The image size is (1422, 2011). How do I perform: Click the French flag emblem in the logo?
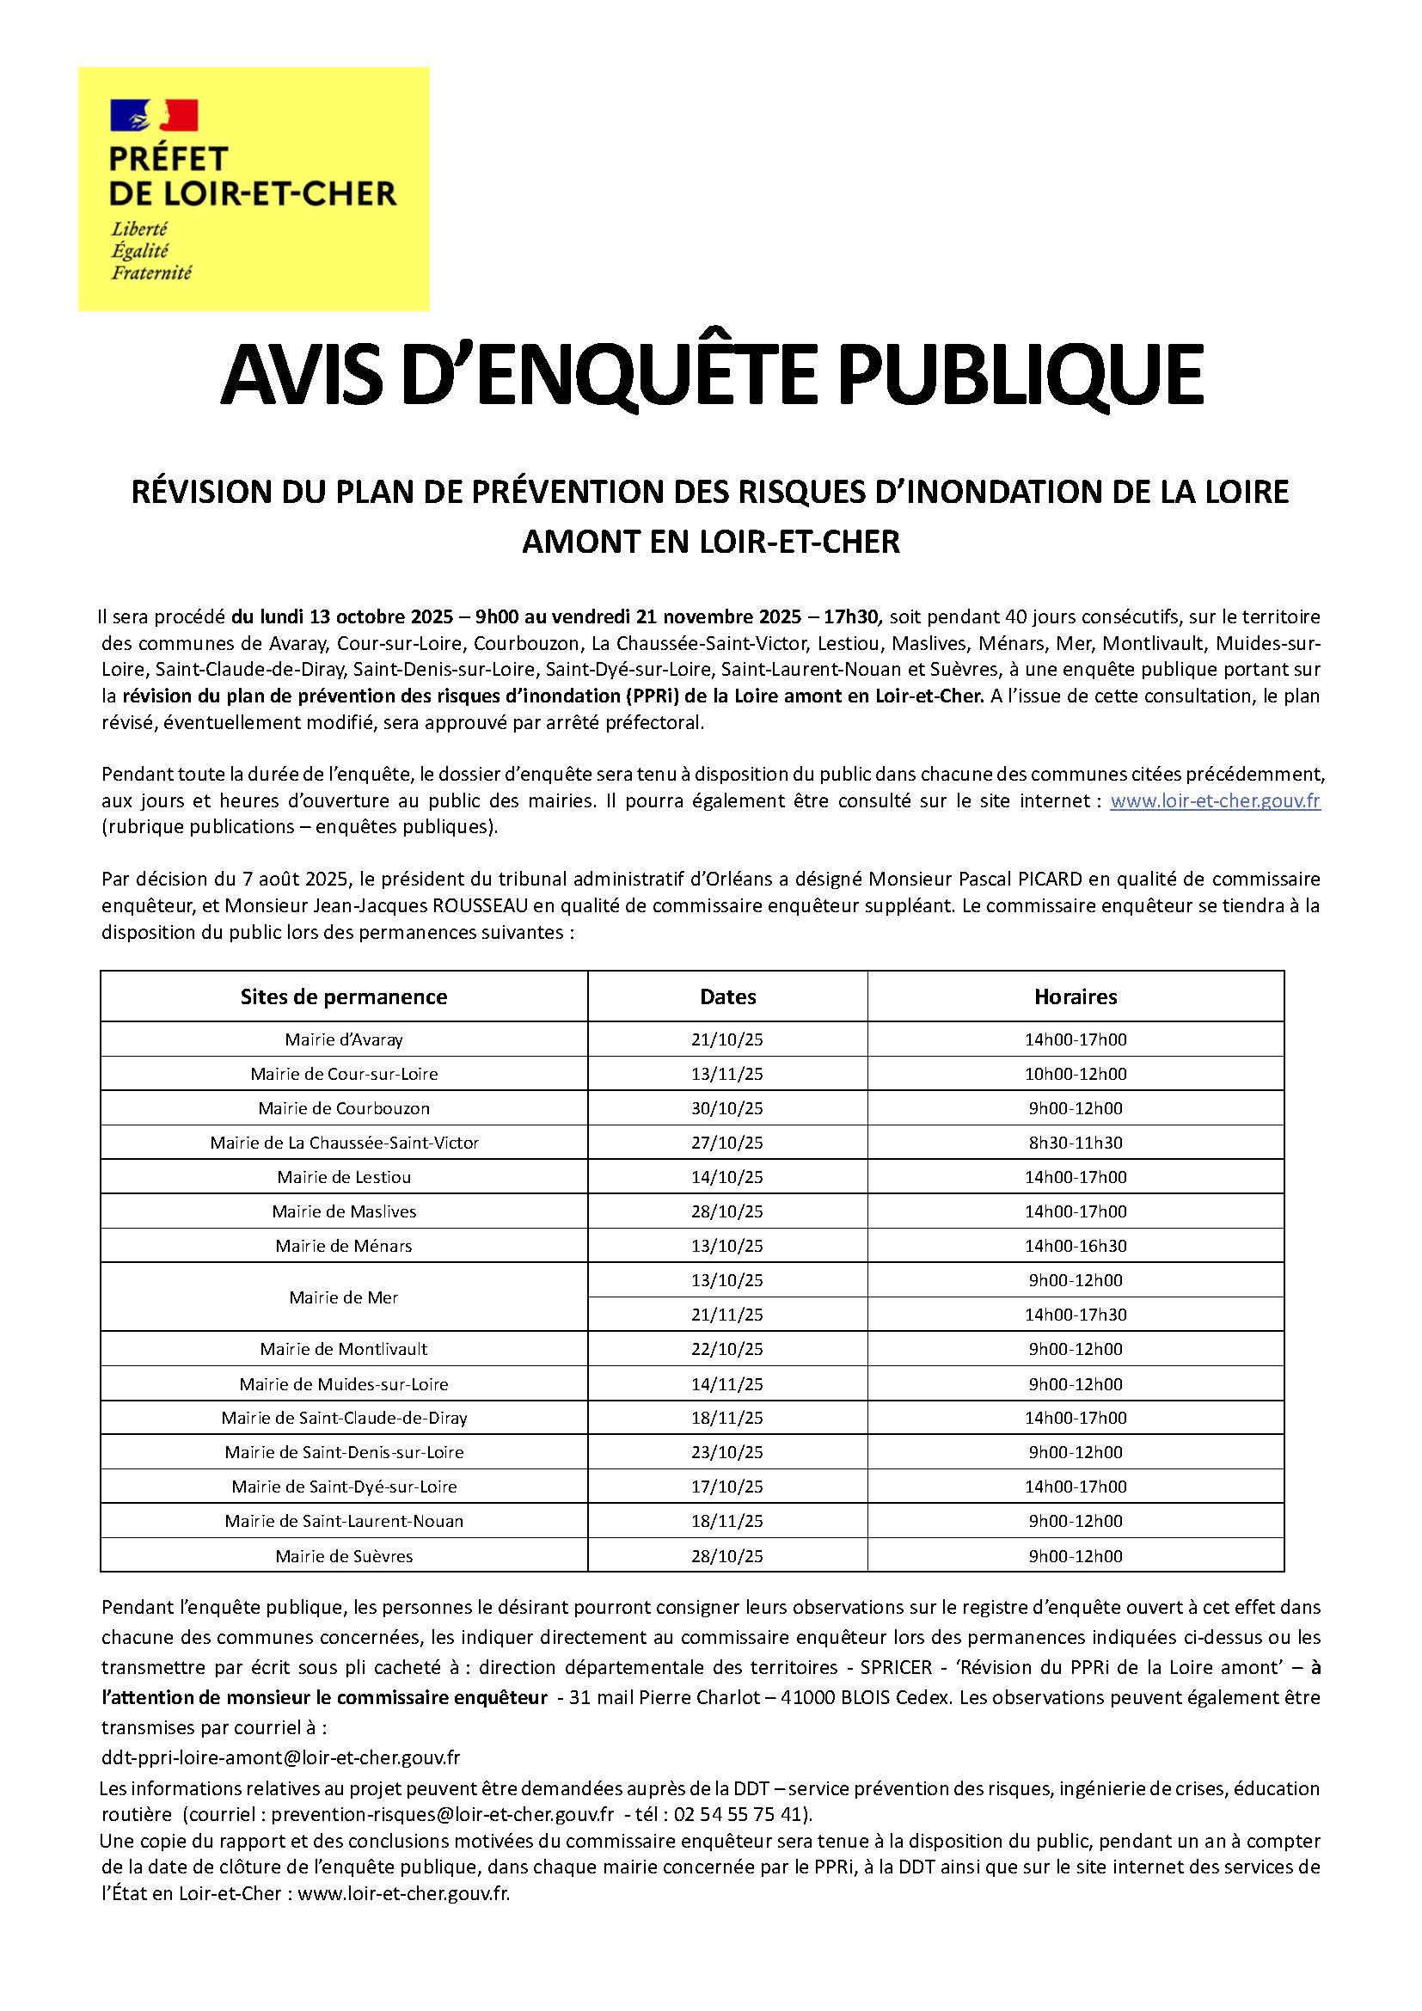(153, 114)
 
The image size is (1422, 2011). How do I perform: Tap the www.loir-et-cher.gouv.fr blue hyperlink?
(1215, 800)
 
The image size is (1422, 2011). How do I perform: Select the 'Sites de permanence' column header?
(343, 996)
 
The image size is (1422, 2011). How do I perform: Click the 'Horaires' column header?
(1076, 996)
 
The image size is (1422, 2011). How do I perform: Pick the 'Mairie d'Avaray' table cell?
(343, 1039)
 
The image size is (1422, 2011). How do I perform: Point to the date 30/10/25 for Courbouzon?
(726, 1108)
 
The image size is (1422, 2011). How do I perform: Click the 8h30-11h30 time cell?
(1076, 1142)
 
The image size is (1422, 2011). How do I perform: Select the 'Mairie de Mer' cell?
(343, 1297)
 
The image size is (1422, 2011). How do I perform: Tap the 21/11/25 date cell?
(726, 1315)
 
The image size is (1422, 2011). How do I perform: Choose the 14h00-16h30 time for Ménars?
(1076, 1246)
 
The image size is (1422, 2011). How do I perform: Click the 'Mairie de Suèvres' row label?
(343, 1556)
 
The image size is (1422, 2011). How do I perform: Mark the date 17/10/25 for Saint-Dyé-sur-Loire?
(726, 1487)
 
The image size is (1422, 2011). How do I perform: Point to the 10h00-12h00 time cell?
(1076, 1074)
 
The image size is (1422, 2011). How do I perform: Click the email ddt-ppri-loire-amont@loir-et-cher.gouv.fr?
(280, 1757)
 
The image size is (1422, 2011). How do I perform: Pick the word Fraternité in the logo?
(150, 273)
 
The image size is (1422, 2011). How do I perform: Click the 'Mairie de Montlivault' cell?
(343, 1349)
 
